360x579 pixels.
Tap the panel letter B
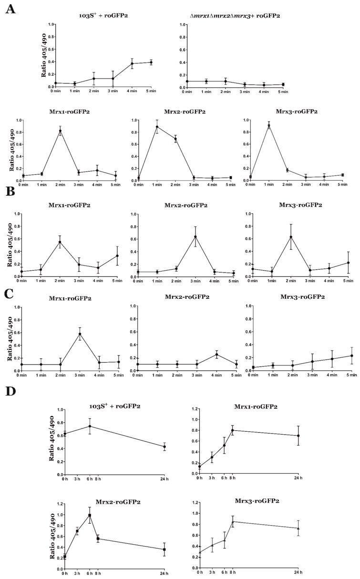point(9,194)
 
